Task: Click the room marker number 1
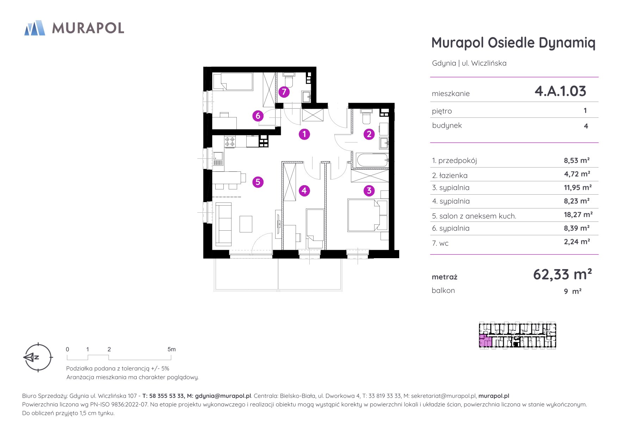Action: pyautogui.click(x=304, y=134)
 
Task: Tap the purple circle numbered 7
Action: pyautogui.click(x=284, y=92)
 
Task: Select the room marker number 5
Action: pyautogui.click(x=258, y=182)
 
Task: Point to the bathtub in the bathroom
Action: pyautogui.click(x=372, y=160)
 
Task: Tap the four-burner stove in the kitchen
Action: pyautogui.click(x=230, y=142)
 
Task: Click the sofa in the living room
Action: pyautogui.click(x=223, y=224)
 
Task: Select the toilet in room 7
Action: pyautogui.click(x=289, y=80)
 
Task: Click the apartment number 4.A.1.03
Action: pyautogui.click(x=560, y=91)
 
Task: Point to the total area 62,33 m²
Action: pyautogui.click(x=562, y=274)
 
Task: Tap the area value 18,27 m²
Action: pyautogui.click(x=578, y=214)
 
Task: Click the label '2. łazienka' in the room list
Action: pyautogui.click(x=450, y=175)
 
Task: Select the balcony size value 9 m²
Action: pyautogui.click(x=573, y=291)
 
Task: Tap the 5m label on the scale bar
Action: pyautogui.click(x=172, y=349)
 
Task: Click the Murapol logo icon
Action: pyautogui.click(x=35, y=28)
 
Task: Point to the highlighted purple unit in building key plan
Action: pyautogui.click(x=485, y=341)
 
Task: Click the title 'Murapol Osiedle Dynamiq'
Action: pyautogui.click(x=513, y=43)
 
